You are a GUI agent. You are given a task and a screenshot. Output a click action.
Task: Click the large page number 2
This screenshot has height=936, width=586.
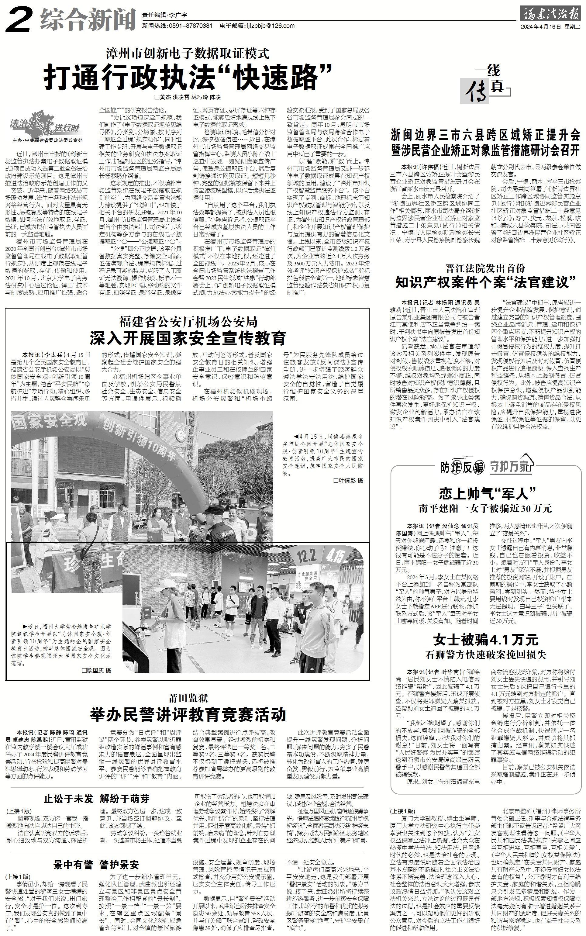[19, 20]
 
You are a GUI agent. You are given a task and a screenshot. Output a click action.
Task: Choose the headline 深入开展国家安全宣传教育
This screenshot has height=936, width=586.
[188, 338]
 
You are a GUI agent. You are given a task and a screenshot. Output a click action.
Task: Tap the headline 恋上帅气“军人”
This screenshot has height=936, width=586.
[487, 494]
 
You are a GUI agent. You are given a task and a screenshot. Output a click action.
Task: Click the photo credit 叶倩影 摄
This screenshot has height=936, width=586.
[348, 480]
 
